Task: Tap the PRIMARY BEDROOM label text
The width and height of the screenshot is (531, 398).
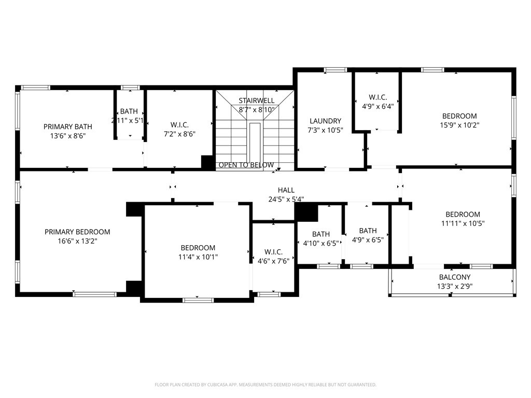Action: pyautogui.click(x=77, y=232)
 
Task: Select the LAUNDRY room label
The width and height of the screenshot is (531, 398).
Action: pyautogui.click(x=325, y=121)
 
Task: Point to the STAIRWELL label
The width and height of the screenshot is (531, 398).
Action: pyautogui.click(x=256, y=100)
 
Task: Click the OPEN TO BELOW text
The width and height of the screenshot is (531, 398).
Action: pyautogui.click(x=246, y=165)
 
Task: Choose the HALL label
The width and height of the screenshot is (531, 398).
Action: pyautogui.click(x=286, y=190)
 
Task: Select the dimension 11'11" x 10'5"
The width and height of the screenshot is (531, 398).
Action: pyautogui.click(x=463, y=224)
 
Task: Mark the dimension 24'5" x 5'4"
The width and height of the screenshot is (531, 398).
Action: pyautogui.click(x=286, y=198)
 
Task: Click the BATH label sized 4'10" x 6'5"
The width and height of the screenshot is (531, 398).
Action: pyautogui.click(x=320, y=234)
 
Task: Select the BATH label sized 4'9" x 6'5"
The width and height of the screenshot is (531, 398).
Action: pyautogui.click(x=368, y=231)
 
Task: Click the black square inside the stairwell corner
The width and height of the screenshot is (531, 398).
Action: pyautogui.click(x=208, y=163)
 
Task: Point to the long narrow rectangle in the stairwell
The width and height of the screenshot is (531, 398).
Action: pyautogui.click(x=255, y=142)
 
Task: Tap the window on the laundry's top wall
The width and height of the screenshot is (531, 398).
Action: pyautogui.click(x=335, y=70)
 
